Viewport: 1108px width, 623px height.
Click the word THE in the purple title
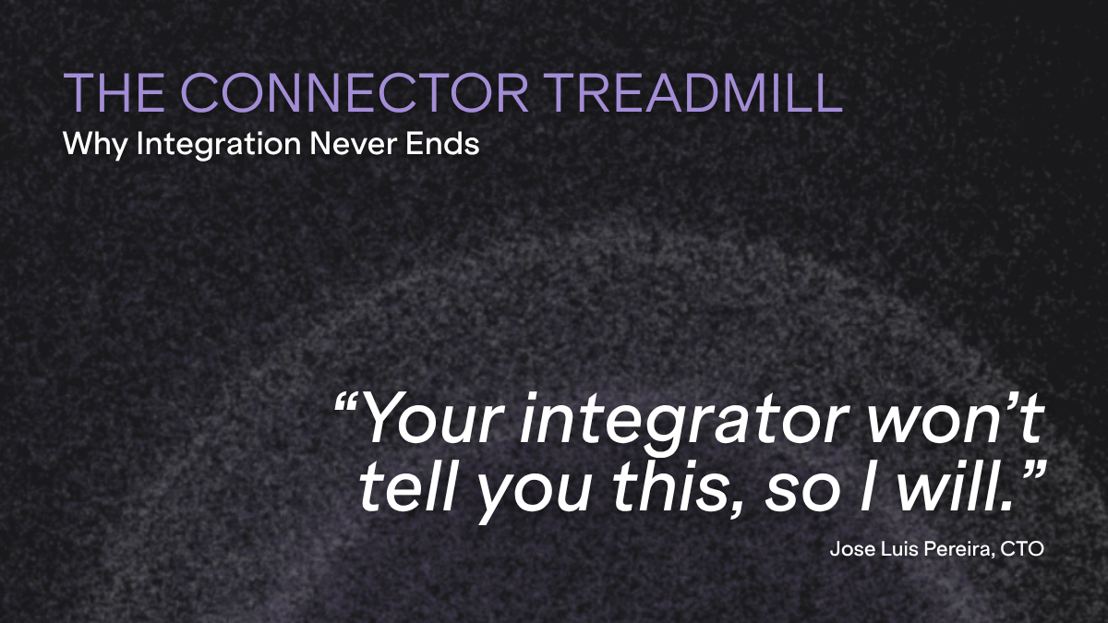(114, 92)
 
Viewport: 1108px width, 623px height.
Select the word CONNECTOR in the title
(355, 92)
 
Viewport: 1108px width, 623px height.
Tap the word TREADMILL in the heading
(694, 92)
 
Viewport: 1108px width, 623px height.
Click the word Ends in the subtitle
(442, 144)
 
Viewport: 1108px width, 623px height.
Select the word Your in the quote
(436, 418)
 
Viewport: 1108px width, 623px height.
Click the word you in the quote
(534, 496)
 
